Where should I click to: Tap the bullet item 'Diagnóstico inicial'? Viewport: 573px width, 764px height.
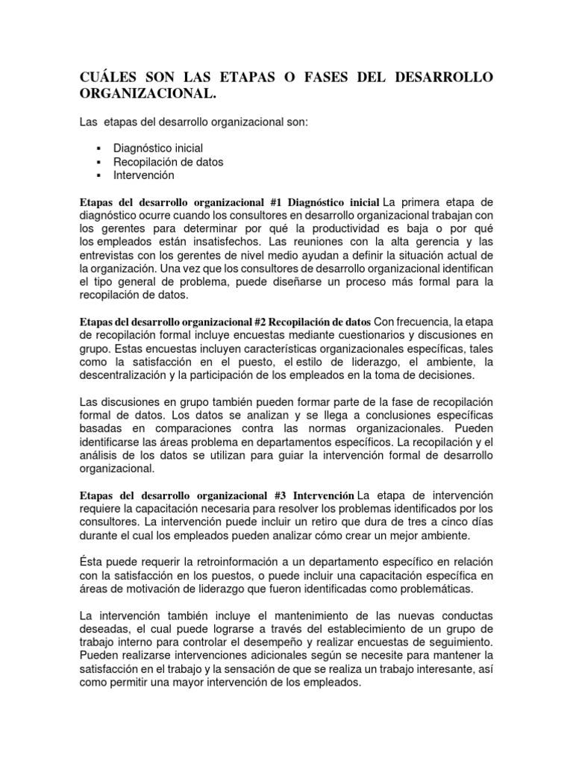click(x=158, y=148)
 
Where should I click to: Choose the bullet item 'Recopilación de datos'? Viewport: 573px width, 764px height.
click(x=169, y=161)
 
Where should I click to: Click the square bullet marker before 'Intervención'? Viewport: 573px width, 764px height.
click(x=98, y=175)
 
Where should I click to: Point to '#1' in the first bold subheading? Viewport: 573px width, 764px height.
click(x=275, y=202)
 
